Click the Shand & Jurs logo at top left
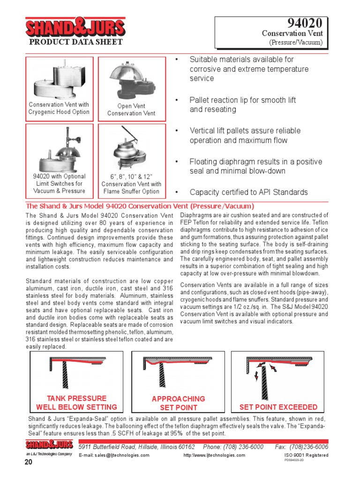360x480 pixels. pyautogui.click(x=75, y=28)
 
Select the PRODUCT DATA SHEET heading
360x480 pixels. pyautogui.click(x=76, y=42)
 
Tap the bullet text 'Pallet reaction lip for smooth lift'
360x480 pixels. pyautogui.click(x=242, y=100)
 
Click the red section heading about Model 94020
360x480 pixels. pyautogui.click(x=140, y=206)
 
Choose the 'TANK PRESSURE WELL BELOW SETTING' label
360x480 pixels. pyautogui.click(x=76, y=403)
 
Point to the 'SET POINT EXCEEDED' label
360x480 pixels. pyautogui.click(x=278, y=407)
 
